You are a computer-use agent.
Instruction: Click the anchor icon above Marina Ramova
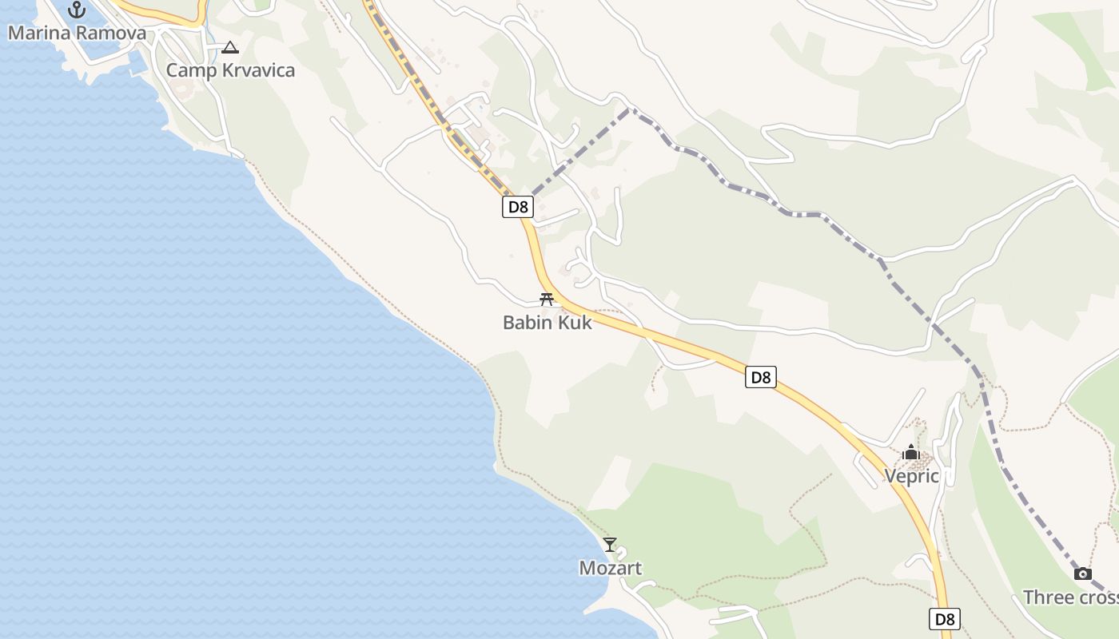click(x=77, y=10)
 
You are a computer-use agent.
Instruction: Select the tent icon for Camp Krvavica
click(x=230, y=48)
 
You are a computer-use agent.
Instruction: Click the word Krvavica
click(x=255, y=70)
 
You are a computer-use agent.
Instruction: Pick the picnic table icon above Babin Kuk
click(x=547, y=300)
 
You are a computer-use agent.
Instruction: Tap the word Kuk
click(x=575, y=323)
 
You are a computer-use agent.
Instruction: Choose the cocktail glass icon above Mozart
click(x=610, y=545)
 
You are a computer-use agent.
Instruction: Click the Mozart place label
click(x=610, y=568)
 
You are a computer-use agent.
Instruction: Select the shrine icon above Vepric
click(x=910, y=453)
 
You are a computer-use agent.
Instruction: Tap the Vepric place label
click(x=911, y=476)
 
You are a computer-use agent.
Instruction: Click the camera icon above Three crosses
click(x=1083, y=574)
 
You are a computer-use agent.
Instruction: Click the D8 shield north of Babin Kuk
click(x=518, y=207)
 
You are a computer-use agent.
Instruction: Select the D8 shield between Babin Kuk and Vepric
click(x=761, y=377)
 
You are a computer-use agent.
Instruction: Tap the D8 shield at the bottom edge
click(x=945, y=618)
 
